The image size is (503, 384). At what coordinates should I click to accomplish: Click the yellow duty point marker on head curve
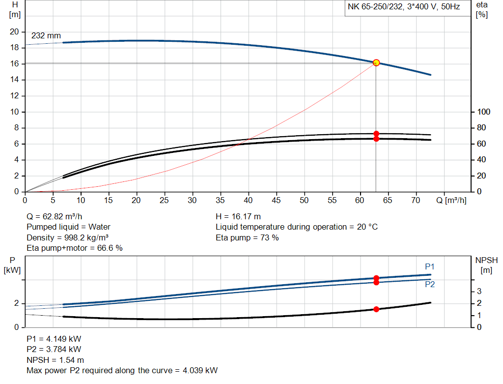pyautogui.click(x=376, y=62)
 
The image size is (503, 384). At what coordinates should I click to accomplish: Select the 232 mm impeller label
pyautogui.click(x=46, y=36)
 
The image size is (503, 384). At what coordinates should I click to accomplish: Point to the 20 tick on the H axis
pyautogui.click(x=14, y=31)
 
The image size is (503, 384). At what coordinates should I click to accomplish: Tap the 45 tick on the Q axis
pyautogui.click(x=276, y=200)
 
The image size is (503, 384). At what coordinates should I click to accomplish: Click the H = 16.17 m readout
pyautogui.click(x=238, y=216)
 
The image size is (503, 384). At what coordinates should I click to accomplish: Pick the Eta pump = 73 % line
pyautogui.click(x=247, y=237)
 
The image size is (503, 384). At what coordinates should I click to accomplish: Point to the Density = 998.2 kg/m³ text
pyautogui.click(x=67, y=237)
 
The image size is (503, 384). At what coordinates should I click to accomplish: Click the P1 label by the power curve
pyautogui.click(x=430, y=266)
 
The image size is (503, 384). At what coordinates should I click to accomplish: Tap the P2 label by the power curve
pyautogui.click(x=430, y=284)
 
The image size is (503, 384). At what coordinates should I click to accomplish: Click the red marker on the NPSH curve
pyautogui.click(x=376, y=309)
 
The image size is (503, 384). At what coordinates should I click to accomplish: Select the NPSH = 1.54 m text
pyautogui.click(x=55, y=360)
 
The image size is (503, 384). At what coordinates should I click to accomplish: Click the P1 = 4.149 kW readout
pyautogui.click(x=54, y=339)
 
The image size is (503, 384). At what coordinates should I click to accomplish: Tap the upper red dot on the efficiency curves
pyautogui.click(x=376, y=134)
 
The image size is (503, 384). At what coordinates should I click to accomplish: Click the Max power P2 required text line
pyautogui.click(x=122, y=370)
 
